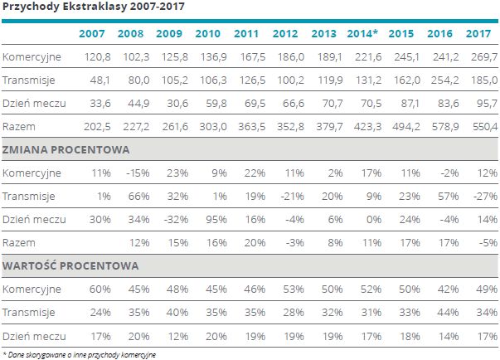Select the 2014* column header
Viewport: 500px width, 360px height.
click(x=362, y=33)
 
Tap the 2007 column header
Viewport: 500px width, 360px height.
click(x=92, y=33)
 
